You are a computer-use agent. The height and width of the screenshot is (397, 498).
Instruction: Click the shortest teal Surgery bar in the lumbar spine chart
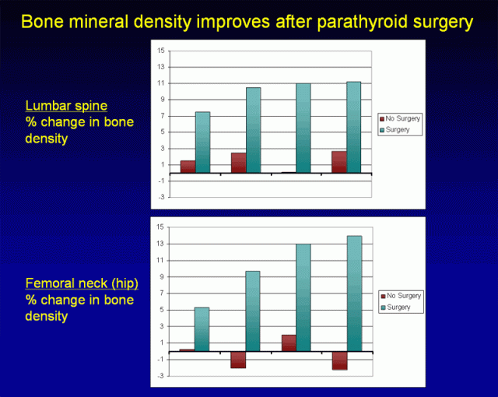click(x=202, y=142)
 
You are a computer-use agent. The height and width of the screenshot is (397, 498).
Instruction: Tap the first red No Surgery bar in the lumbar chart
click(x=188, y=167)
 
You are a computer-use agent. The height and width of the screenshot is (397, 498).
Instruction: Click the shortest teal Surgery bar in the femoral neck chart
click(x=202, y=328)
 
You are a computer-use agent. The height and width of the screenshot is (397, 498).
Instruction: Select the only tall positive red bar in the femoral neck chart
click(x=288, y=343)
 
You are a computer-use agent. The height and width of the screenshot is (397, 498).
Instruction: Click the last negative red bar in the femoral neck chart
click(x=338, y=360)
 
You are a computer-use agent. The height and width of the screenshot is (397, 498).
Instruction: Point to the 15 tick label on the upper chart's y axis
click(x=160, y=51)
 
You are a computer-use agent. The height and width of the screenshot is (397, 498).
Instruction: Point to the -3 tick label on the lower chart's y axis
click(x=159, y=375)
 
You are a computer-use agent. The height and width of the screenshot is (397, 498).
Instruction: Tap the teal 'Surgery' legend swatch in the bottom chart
click(x=383, y=307)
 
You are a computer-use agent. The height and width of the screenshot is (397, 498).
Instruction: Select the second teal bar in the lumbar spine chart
click(x=253, y=130)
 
